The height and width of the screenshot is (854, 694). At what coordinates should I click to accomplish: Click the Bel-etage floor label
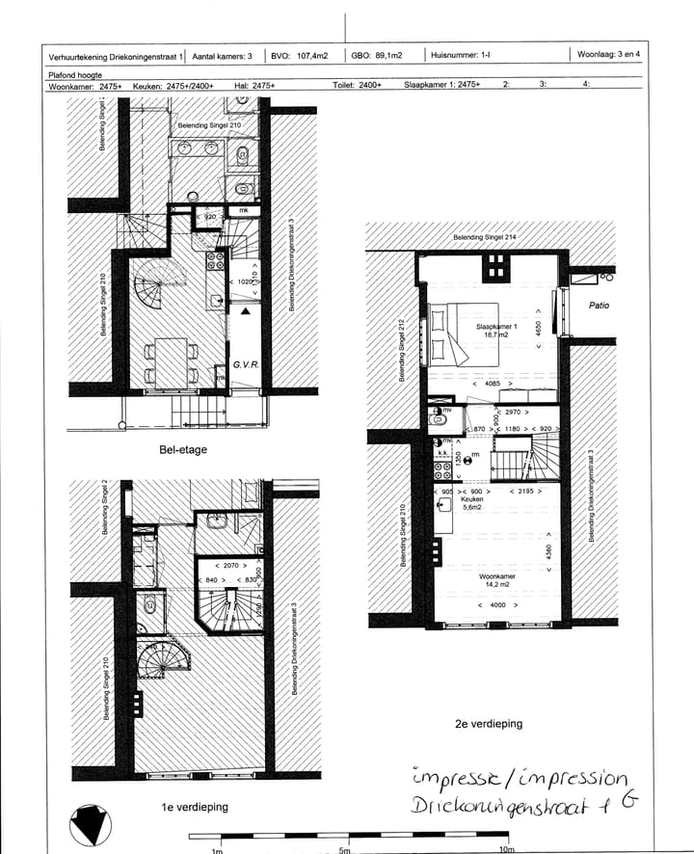pos(183,450)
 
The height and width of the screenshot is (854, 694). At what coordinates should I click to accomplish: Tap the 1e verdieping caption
pos(196,807)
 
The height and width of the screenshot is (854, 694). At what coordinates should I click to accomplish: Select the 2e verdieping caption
pos(489,723)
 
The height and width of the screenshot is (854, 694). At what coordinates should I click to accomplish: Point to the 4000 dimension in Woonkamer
pos(497,604)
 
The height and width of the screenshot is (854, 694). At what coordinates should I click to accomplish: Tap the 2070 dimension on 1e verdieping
pos(228,565)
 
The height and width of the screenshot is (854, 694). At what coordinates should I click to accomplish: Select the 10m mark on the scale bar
pos(505,848)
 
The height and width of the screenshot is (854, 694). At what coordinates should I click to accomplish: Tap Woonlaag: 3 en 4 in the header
pos(615,55)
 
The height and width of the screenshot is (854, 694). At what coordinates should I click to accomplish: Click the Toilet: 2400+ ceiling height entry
pos(357,86)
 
